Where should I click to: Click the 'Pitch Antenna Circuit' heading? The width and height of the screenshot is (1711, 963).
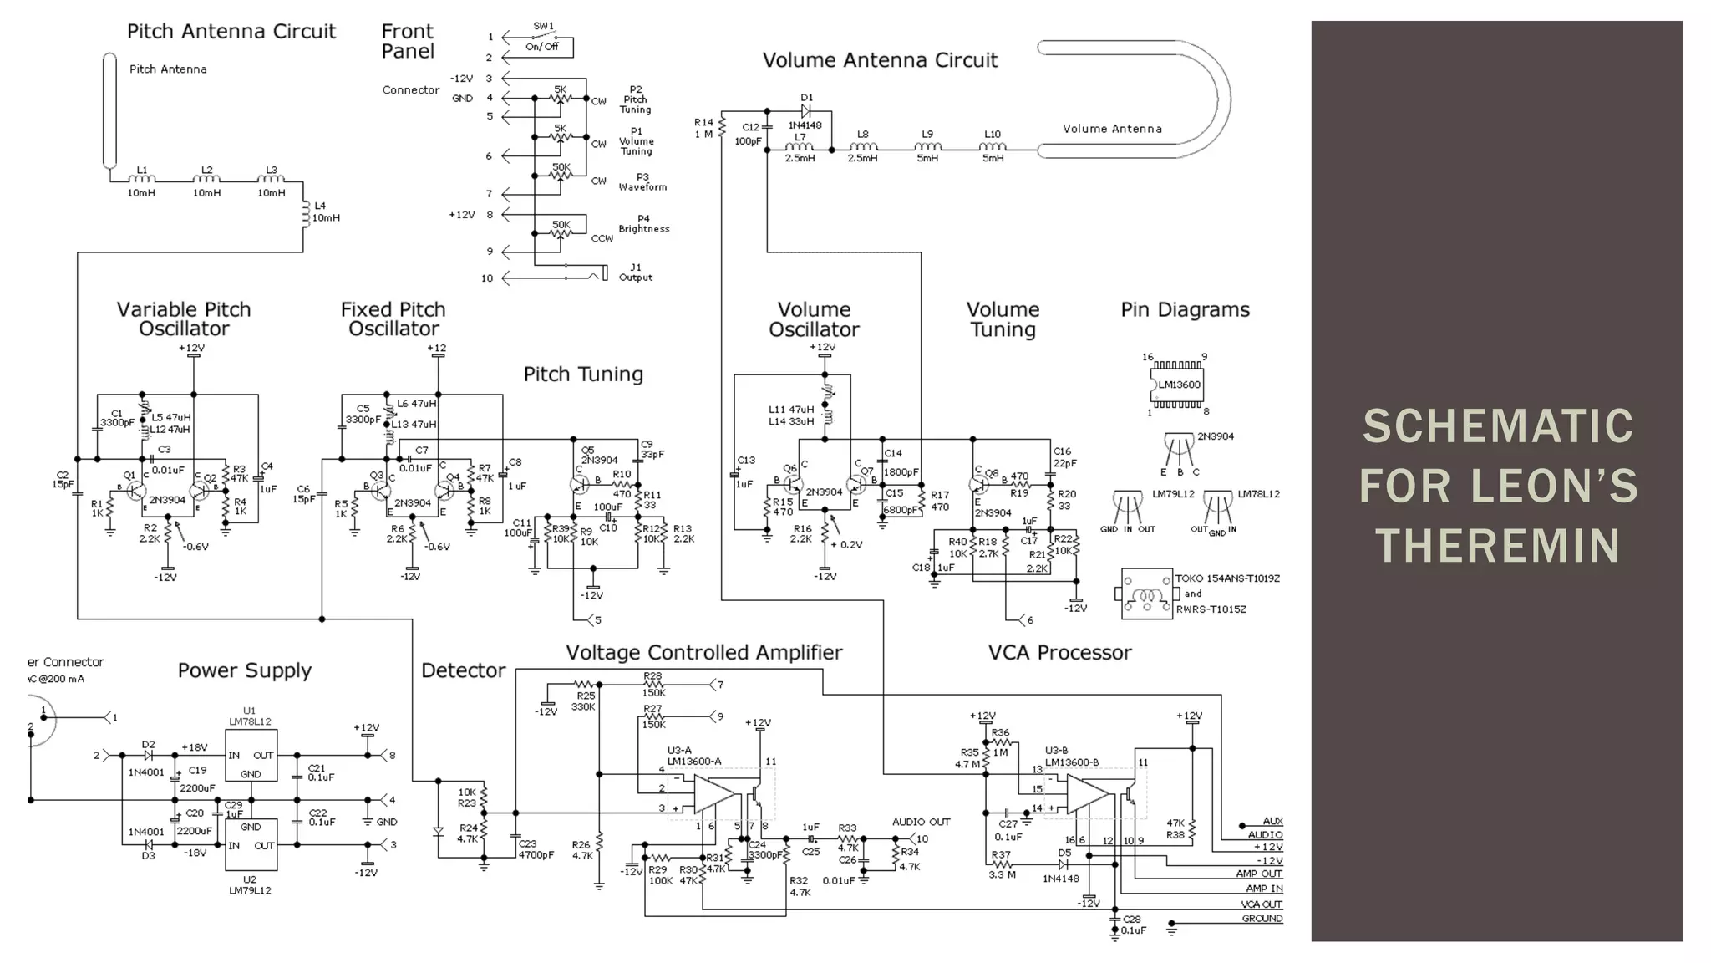click(x=231, y=32)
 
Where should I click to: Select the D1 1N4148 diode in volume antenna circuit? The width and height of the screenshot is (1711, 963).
click(x=806, y=110)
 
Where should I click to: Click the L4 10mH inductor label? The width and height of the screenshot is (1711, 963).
click(x=324, y=211)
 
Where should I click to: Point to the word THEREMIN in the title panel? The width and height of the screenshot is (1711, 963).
click(x=1497, y=546)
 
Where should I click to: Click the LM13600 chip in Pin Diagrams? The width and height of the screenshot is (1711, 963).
click(x=1178, y=385)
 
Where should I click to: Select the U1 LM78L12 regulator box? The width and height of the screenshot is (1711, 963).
click(x=251, y=755)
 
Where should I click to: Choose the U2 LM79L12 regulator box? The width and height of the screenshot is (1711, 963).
click(x=251, y=844)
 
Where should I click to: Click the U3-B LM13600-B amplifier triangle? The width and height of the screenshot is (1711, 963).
click(x=1085, y=793)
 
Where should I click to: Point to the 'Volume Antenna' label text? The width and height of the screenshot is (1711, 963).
click(x=1112, y=129)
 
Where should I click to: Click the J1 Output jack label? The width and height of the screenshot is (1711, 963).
click(x=636, y=273)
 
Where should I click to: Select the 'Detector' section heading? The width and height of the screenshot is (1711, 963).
click(x=463, y=670)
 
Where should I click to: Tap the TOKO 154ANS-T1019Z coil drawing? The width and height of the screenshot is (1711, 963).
click(x=1146, y=594)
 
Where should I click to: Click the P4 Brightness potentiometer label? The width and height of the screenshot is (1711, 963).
click(x=643, y=224)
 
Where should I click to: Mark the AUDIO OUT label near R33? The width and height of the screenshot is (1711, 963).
click(x=921, y=822)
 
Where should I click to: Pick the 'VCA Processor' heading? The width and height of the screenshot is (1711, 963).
click(x=1059, y=653)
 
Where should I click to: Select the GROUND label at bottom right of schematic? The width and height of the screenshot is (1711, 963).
click(x=1262, y=919)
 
